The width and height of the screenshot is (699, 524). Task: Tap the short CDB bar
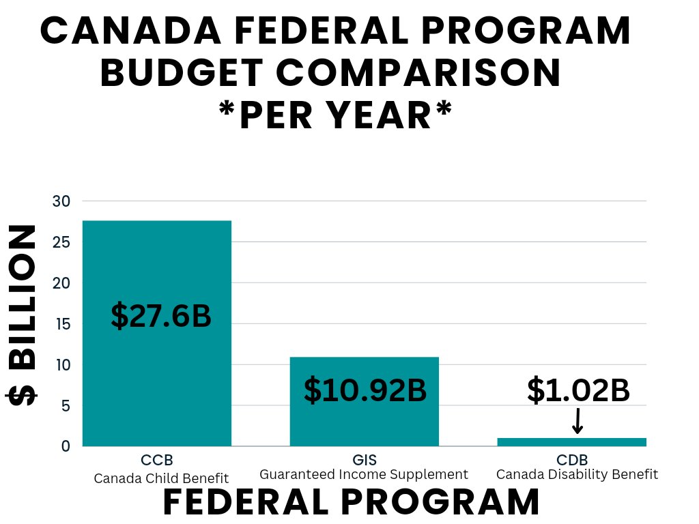pos(571,442)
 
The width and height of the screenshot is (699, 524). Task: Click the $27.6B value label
pos(161,317)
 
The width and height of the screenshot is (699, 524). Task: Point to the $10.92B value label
pos(365,390)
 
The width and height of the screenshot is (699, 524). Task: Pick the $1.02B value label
pos(577,390)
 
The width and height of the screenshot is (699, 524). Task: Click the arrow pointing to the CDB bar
pos(577,420)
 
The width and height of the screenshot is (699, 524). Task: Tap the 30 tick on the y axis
pos(61,201)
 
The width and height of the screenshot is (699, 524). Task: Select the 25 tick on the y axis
pos(61,242)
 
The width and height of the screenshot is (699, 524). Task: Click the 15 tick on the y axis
pos(61,324)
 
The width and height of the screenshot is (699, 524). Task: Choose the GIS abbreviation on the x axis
pos(364,460)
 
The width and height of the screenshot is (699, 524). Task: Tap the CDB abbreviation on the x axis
pos(577,460)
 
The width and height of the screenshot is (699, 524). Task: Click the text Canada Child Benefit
pos(161,478)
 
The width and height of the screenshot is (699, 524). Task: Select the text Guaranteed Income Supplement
pos(364,475)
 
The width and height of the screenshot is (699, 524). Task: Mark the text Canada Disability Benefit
pos(577,475)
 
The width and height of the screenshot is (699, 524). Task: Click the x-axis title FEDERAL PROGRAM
pos(351,503)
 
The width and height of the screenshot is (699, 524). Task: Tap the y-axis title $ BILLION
pos(22,315)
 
